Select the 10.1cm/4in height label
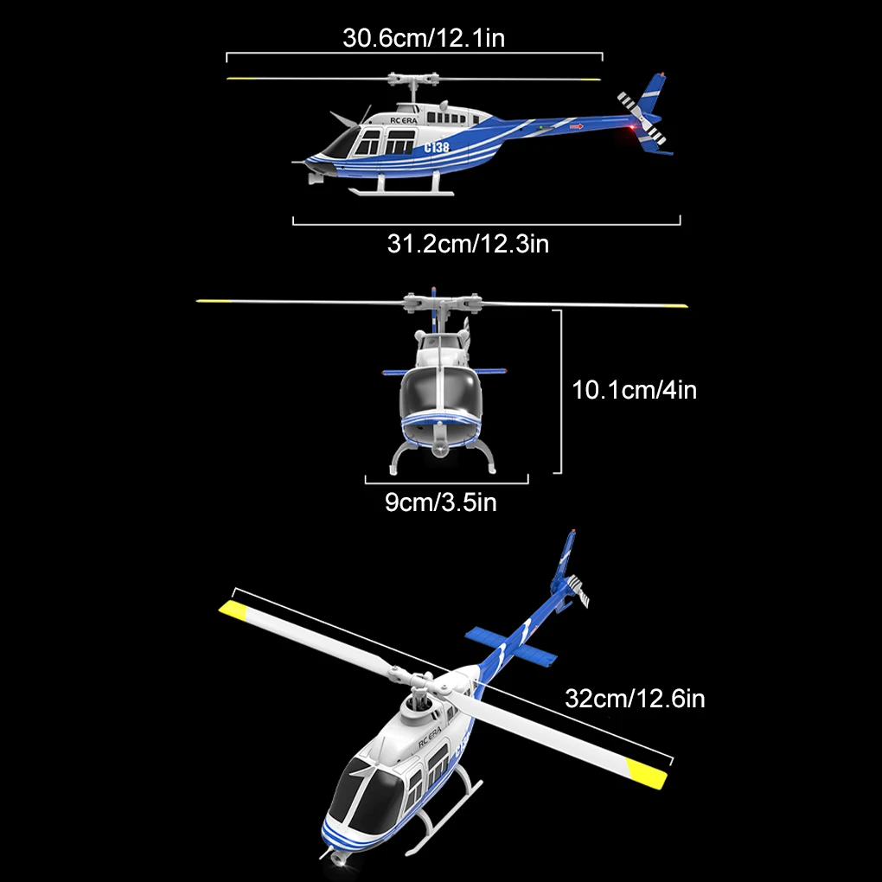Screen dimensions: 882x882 [x=635, y=390]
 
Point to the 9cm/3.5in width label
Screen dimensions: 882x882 [x=441, y=501]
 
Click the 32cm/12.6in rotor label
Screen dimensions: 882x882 [x=635, y=698]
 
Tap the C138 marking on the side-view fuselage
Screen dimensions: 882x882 [x=437, y=147]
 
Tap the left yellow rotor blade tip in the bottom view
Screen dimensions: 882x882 [x=233, y=611]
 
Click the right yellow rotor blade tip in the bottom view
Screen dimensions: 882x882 [x=648, y=775]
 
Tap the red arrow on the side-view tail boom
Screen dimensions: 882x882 [x=578, y=128]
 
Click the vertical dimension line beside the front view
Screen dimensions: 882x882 [x=561, y=391]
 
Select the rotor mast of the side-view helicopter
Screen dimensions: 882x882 [x=416, y=90]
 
